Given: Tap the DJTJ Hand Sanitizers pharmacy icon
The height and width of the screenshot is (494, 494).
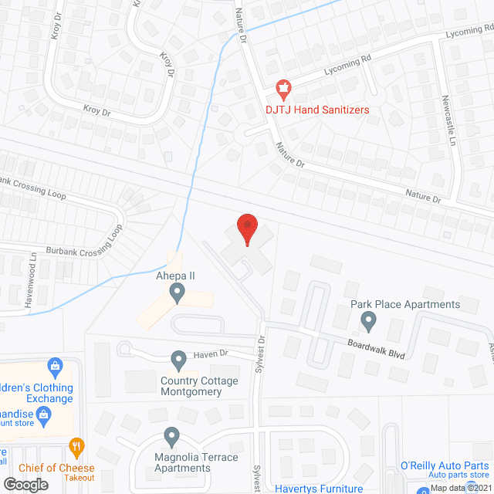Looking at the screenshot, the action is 284,89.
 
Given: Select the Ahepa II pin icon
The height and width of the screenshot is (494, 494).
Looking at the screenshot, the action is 178,293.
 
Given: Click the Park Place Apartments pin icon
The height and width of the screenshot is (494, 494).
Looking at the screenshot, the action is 369,319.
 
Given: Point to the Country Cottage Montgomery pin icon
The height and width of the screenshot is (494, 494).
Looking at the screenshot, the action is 178,359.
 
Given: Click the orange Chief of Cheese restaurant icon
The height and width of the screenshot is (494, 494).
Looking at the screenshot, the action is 76,446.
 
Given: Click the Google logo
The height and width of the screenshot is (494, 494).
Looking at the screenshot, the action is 25,484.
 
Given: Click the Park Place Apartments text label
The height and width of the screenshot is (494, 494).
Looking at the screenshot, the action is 405,304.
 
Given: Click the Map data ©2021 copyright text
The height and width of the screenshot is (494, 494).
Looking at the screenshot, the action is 460,487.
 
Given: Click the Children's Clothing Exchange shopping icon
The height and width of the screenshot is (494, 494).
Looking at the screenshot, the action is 55,364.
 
